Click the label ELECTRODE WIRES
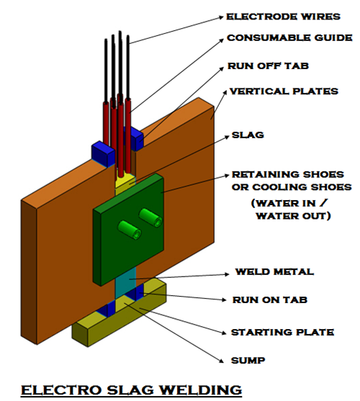tap(283, 17)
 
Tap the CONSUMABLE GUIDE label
tap(289, 38)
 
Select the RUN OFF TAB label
tap(269, 66)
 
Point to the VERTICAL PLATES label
tap(284, 91)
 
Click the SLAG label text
tap(248, 135)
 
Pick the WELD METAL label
tap(274, 271)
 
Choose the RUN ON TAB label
tap(270, 299)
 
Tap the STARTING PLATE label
tap(282, 332)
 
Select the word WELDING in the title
tap(201, 390)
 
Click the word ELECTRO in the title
tap(62, 390)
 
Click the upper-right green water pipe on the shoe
tap(151, 217)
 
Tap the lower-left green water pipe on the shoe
tap(130, 230)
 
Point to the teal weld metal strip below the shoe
tap(125, 282)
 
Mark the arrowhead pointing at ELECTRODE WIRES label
tap(222, 17)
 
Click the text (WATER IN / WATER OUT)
tap(292, 209)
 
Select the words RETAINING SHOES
tap(288, 174)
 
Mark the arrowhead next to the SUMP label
tap(222, 361)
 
